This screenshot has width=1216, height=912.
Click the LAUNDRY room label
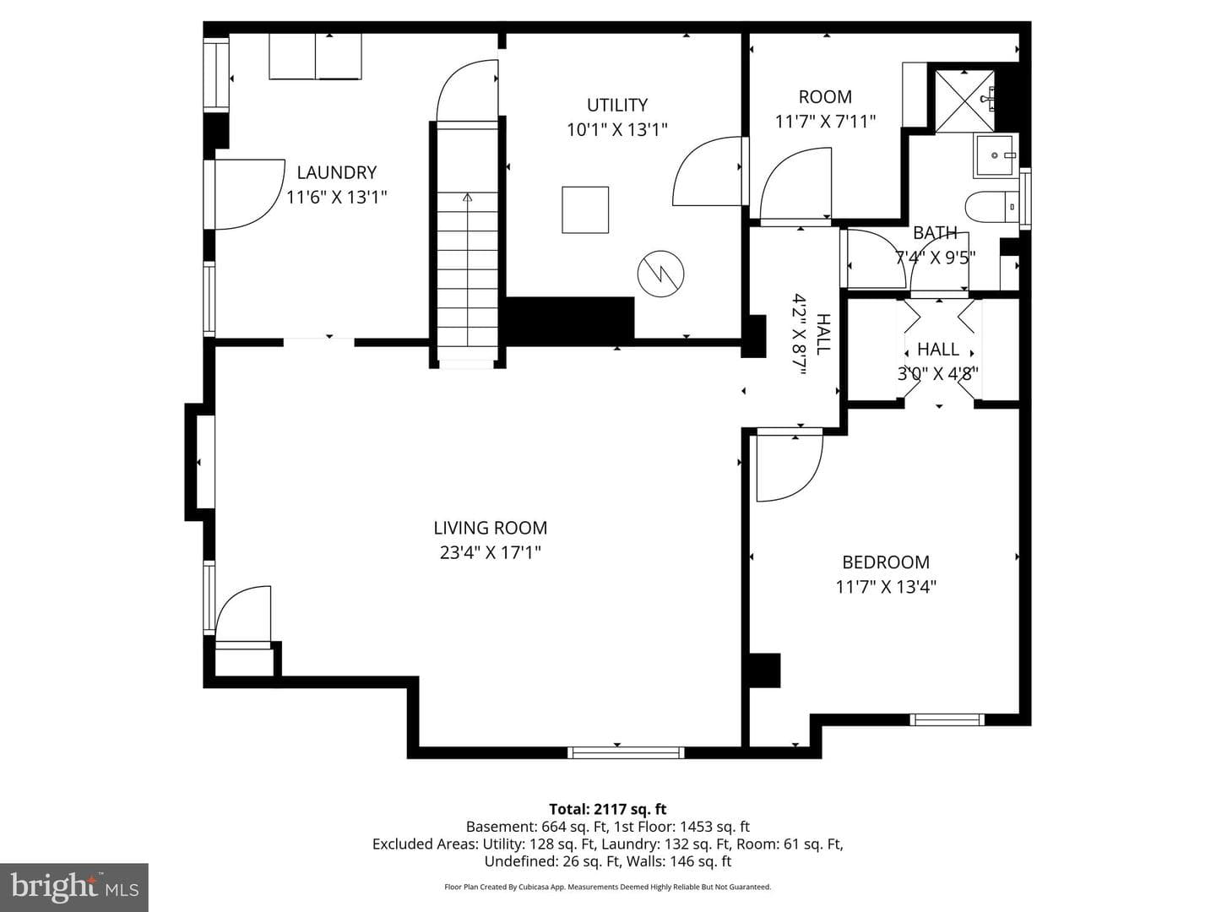point(337,173)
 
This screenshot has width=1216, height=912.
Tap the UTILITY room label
point(617,106)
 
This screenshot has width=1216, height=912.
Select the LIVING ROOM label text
point(491,529)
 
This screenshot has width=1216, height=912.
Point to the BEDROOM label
point(886,562)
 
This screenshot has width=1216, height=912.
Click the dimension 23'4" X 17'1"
point(491,552)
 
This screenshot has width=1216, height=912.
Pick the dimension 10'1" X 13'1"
point(617,129)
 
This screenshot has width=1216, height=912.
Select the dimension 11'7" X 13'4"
point(886,587)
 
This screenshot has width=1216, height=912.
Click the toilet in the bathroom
point(991,207)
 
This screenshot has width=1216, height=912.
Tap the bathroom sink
point(996,155)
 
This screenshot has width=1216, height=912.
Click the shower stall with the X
point(964,102)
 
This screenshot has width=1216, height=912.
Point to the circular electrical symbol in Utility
point(660,274)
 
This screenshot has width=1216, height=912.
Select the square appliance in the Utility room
point(585,210)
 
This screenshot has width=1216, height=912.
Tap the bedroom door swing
point(790,469)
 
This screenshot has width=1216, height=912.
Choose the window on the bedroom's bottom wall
point(947,719)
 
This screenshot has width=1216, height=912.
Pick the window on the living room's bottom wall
point(626,752)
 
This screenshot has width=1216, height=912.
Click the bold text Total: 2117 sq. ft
point(608,809)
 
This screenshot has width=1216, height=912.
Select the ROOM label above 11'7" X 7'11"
point(825,97)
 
